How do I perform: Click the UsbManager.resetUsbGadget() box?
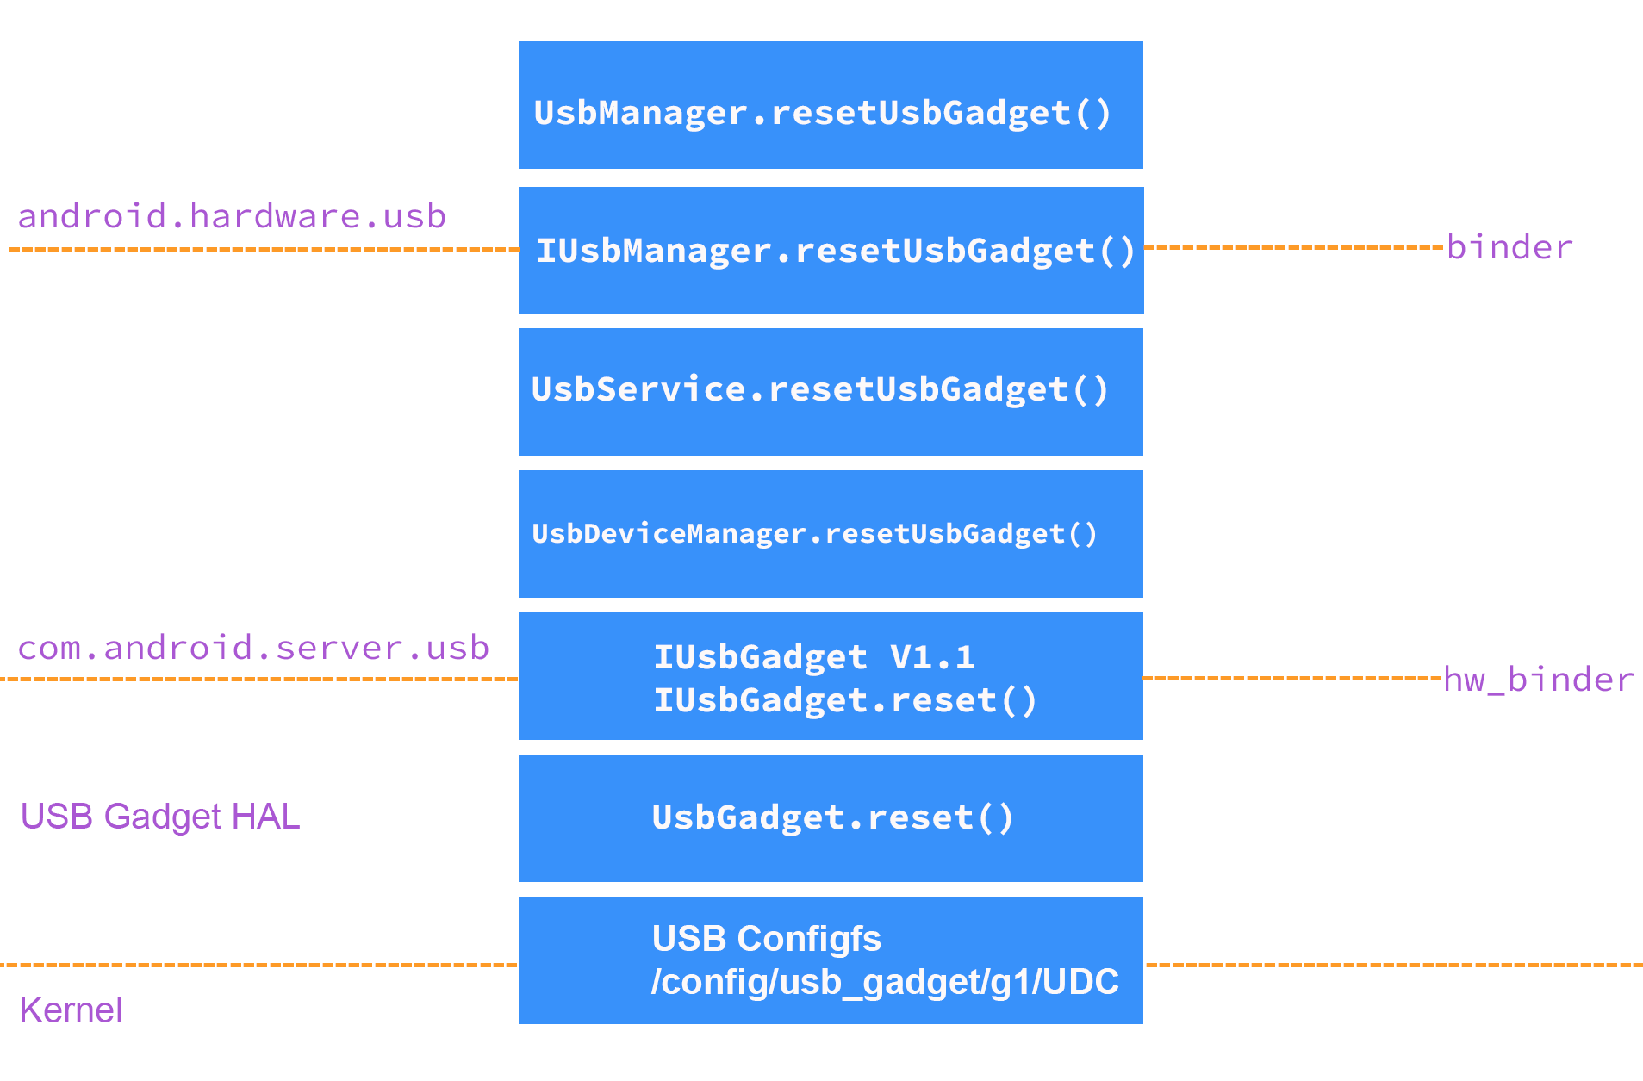831,105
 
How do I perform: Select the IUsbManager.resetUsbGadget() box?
831,251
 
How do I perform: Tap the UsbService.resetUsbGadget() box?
831,392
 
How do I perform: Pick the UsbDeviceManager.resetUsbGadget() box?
831,534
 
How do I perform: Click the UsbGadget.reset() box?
831,818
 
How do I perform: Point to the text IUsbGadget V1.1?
813,657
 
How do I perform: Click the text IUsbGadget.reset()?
844,700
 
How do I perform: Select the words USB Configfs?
766,939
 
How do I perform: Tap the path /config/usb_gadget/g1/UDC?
884,982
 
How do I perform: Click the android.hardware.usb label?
232,216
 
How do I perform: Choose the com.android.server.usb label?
253,648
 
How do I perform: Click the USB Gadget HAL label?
160,817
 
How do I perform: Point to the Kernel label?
71,1010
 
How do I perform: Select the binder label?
1509,247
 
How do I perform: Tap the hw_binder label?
1538,680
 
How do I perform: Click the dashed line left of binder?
1292,247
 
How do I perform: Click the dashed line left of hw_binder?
1292,678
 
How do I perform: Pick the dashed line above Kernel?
258,965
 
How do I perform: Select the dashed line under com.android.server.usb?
258,679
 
